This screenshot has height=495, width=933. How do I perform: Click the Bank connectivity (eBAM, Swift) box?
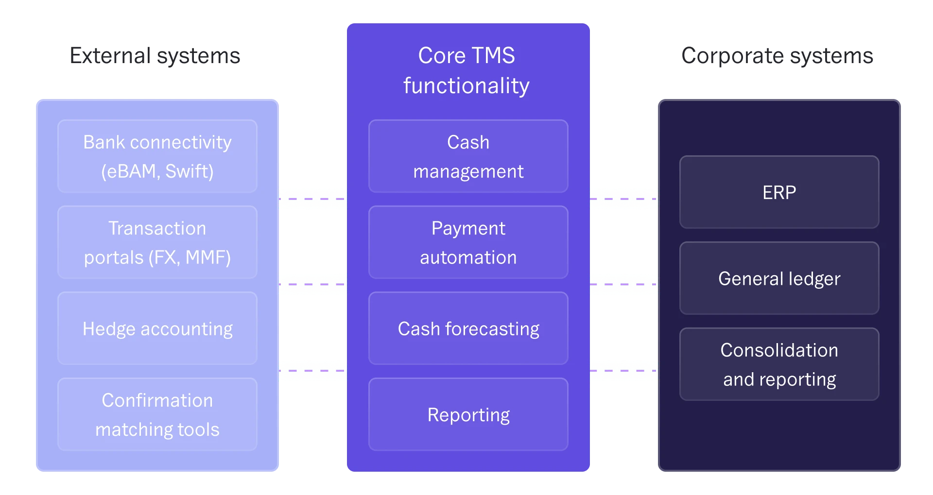(157, 156)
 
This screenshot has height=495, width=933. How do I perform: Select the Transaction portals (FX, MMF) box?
(157, 242)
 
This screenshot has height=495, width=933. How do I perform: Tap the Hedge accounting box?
(157, 329)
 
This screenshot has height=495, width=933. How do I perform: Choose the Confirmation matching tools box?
(157, 414)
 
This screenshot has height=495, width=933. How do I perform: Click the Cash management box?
(468, 156)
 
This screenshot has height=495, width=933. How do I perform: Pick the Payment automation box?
(468, 242)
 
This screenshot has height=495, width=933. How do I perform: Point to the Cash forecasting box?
(468, 329)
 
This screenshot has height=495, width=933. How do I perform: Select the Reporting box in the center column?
(468, 414)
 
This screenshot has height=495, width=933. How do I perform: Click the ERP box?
(779, 192)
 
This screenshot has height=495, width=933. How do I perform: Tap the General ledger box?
(779, 278)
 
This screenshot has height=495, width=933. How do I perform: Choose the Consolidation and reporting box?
(779, 364)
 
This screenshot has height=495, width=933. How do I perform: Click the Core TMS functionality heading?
(466, 70)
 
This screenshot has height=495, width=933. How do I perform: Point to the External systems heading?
(155, 57)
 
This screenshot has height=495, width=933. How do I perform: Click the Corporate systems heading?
(777, 57)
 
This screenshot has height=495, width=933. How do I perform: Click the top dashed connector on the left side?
(312, 198)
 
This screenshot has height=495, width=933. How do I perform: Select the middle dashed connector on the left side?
(312, 283)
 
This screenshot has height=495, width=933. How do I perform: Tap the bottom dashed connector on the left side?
(312, 370)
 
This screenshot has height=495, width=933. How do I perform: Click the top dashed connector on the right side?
(623, 198)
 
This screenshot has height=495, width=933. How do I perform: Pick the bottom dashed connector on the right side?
(623, 370)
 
